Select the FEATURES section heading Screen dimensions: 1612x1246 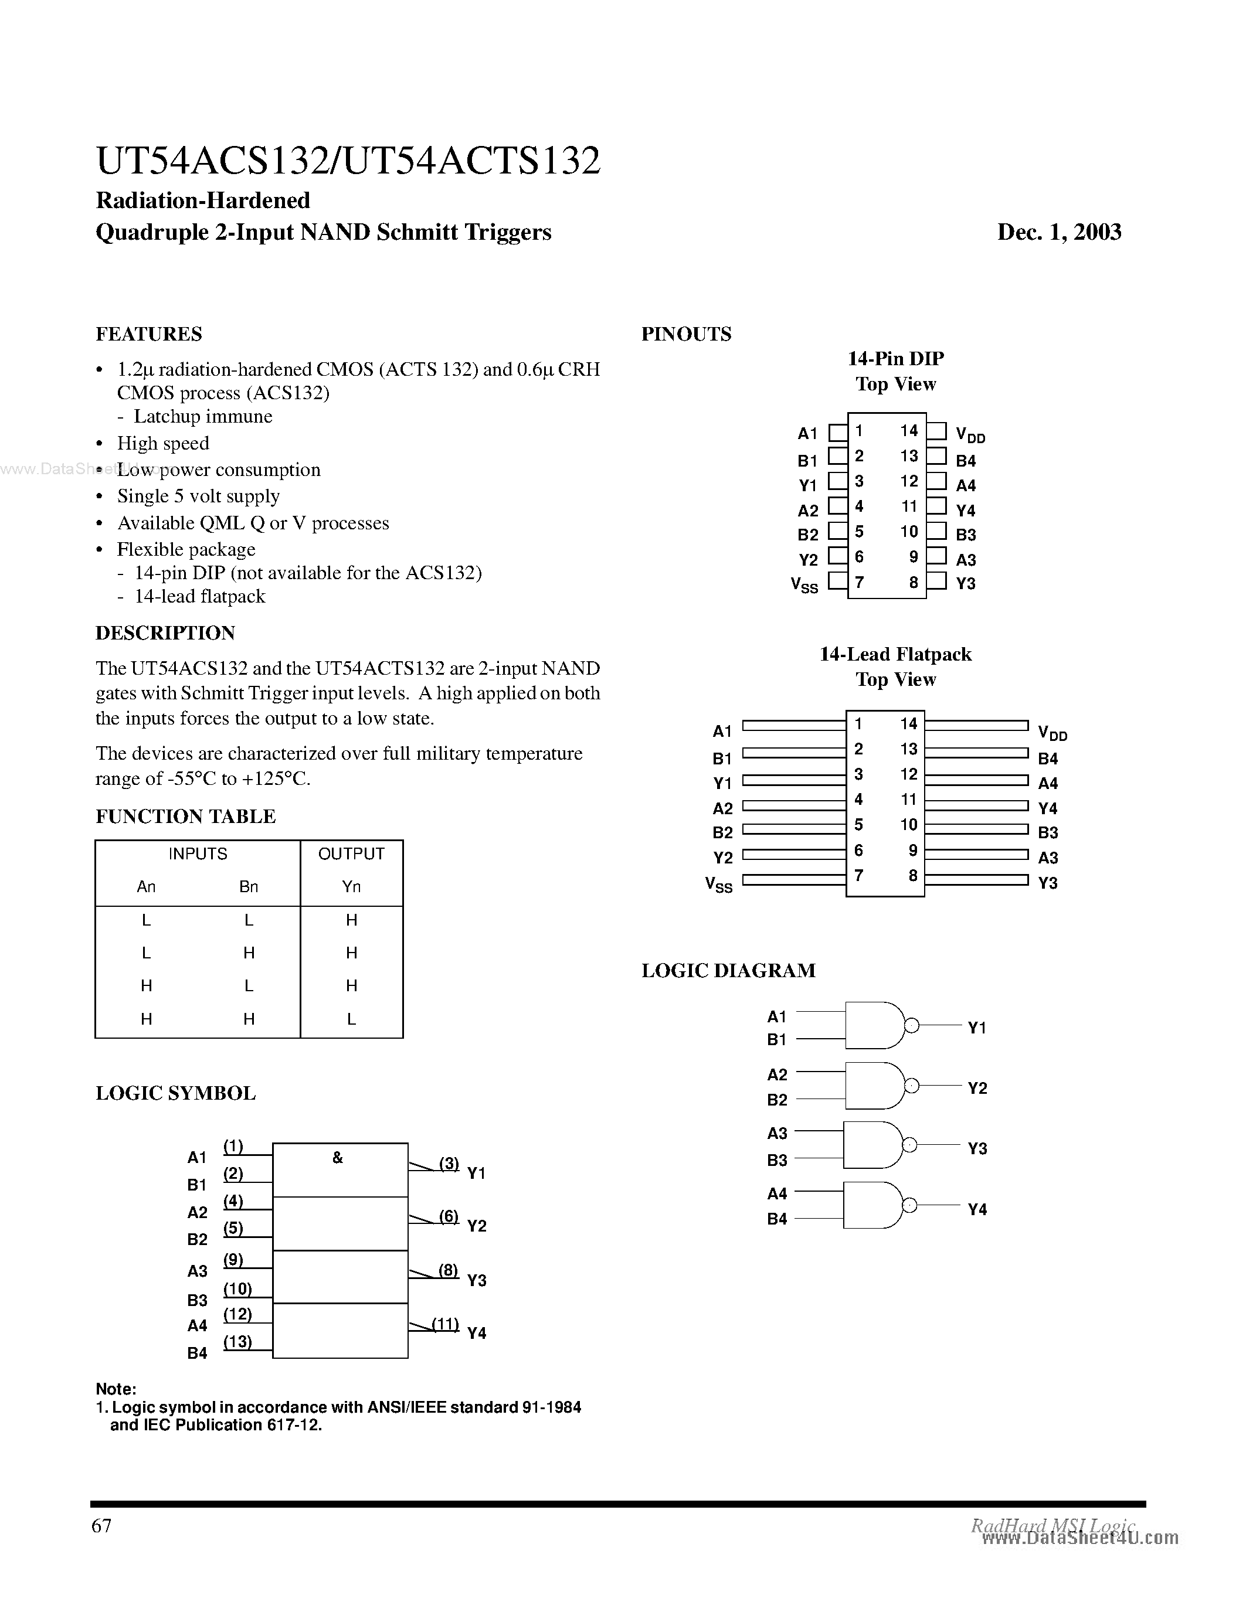(x=148, y=334)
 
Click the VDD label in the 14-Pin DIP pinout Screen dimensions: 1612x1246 (x=969, y=435)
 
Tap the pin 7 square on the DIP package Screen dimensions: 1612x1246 (x=837, y=581)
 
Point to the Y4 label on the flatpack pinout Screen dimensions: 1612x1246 (x=1047, y=808)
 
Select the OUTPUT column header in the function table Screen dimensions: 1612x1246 (x=351, y=854)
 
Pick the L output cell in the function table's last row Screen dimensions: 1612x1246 (x=351, y=1019)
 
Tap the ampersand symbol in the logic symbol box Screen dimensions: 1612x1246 (x=337, y=1158)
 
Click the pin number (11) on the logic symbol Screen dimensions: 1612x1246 (x=445, y=1324)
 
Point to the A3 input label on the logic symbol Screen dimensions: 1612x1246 (x=197, y=1271)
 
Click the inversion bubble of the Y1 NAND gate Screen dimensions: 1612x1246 (x=912, y=1025)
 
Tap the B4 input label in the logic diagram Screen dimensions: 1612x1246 (x=776, y=1219)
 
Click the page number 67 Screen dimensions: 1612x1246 (x=101, y=1526)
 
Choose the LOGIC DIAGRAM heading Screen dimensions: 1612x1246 (x=728, y=971)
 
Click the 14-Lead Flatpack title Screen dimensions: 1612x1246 (x=895, y=655)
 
